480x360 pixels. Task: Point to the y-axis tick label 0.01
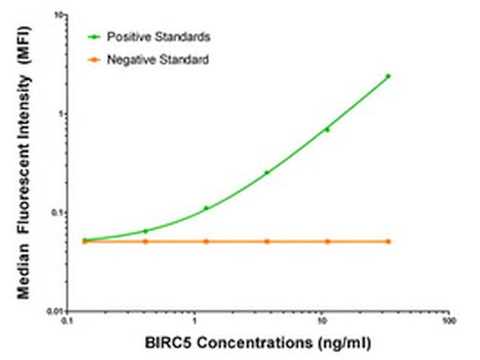55,311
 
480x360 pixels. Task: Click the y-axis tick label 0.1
57,213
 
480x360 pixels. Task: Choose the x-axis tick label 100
447,323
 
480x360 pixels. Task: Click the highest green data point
388,76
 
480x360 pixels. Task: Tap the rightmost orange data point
388,242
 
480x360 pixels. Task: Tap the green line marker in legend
93,35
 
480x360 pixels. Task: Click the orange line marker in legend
93,58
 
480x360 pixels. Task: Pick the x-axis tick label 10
321,323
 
